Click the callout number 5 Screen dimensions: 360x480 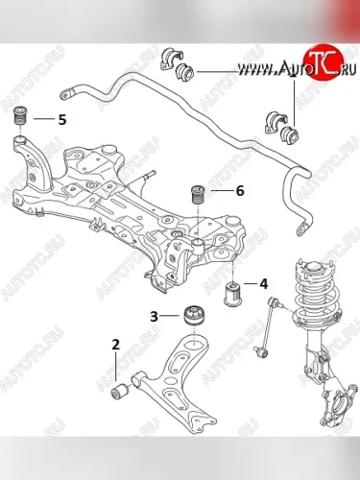(x=62, y=120)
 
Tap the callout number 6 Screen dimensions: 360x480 (x=240, y=191)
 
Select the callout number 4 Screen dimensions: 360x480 (x=263, y=284)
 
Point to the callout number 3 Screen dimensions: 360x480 (x=155, y=316)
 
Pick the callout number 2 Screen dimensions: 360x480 (x=115, y=345)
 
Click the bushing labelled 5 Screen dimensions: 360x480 (x=20, y=115)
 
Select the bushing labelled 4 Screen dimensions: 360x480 (x=230, y=293)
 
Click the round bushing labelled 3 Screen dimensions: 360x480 (x=195, y=316)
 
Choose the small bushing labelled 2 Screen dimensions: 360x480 (x=120, y=391)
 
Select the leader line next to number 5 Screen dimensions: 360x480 (x=43, y=119)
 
